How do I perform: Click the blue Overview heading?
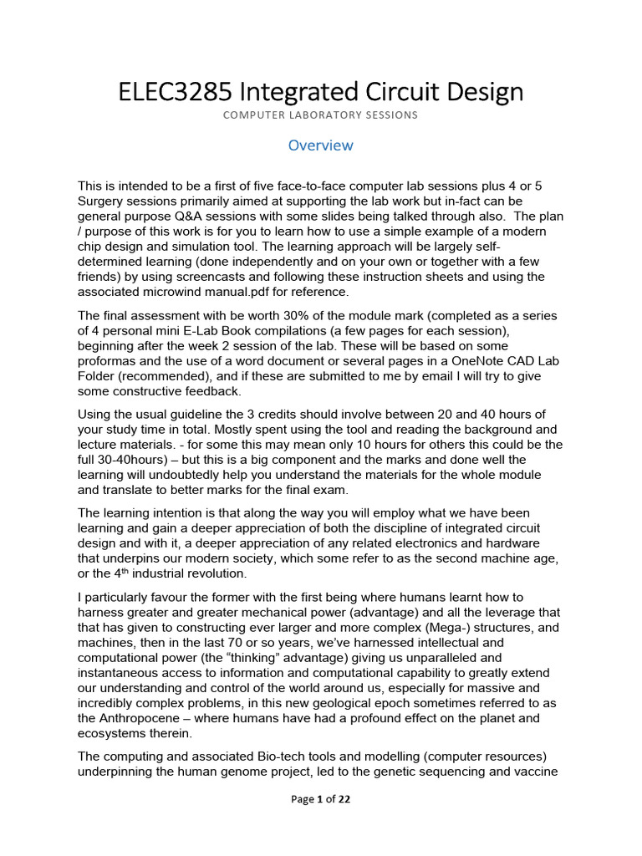[321, 145]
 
